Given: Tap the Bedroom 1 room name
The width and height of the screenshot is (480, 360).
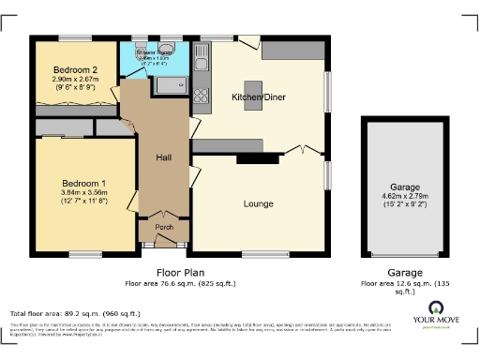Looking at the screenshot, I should (x=84, y=182).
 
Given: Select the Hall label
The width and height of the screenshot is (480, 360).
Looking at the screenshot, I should (x=160, y=157).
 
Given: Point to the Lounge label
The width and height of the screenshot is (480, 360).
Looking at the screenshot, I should (x=258, y=203).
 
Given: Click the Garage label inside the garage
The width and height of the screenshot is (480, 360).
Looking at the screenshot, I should (x=405, y=187).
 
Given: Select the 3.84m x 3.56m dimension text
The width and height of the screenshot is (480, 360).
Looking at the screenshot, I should (x=84, y=192).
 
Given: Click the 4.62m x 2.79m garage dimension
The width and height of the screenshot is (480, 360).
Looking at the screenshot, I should (x=405, y=197).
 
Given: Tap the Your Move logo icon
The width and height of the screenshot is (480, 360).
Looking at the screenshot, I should (x=437, y=310).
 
